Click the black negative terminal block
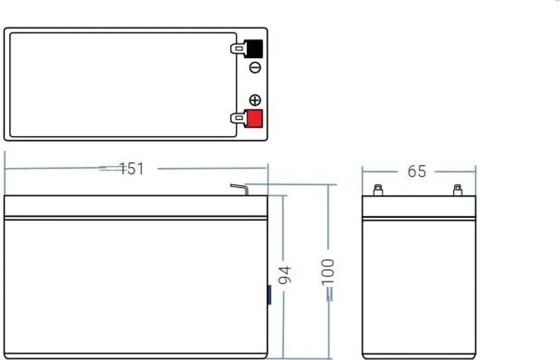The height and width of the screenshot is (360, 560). tap(254, 49)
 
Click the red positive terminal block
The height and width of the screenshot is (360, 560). tap(254, 118)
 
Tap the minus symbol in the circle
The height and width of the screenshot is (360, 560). tap(255, 67)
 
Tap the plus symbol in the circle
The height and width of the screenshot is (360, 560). tap(255, 100)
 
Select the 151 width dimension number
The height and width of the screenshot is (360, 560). tap(131, 169)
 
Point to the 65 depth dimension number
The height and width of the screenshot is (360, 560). tap(417, 171)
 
